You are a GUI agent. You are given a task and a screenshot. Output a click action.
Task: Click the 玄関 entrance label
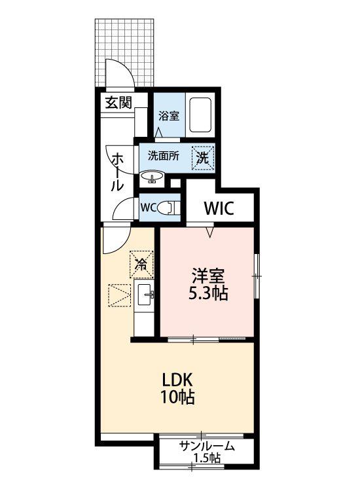point(118,102)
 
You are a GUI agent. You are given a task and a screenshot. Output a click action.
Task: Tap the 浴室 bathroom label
point(168,116)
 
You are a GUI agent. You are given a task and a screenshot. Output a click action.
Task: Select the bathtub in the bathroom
point(200,115)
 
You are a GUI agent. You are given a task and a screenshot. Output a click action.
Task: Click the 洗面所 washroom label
point(164,156)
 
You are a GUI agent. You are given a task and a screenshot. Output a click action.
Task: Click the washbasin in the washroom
point(152,177)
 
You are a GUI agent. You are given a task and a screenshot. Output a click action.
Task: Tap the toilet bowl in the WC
point(167,208)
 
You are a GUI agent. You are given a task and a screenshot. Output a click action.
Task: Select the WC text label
point(149,208)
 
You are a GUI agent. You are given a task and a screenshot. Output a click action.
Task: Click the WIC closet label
point(219,208)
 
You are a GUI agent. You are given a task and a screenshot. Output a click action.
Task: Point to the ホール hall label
point(118,172)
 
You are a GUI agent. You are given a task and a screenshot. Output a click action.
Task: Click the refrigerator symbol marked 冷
point(141,264)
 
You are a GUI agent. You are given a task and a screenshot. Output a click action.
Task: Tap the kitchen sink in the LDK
point(145,295)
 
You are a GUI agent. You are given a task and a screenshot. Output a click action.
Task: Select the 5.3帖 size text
point(208,293)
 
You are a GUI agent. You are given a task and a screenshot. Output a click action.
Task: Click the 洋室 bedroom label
point(208,276)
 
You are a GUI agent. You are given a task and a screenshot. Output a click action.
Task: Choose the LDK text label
point(177,380)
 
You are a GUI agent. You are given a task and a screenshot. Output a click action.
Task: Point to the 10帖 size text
point(177,397)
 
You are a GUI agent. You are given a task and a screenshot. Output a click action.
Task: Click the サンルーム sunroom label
point(207,446)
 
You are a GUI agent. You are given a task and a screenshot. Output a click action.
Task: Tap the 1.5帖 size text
point(207,458)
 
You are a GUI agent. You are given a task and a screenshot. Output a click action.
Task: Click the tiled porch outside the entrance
point(124,52)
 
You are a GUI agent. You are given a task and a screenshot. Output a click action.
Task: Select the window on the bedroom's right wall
point(257,276)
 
